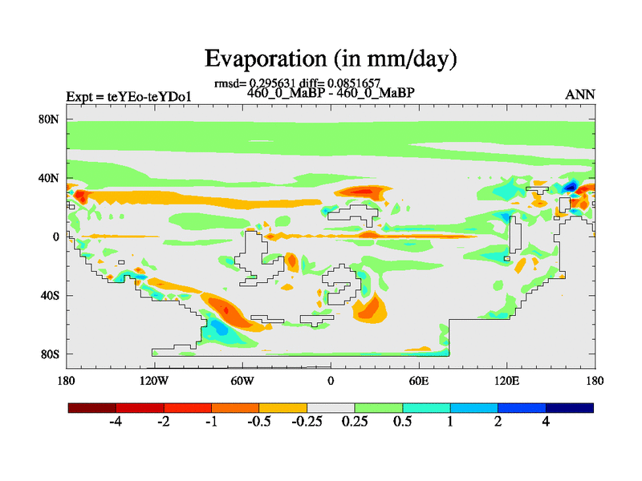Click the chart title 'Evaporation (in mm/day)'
[x=330, y=59]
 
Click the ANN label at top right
[x=580, y=95]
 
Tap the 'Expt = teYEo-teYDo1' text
[x=128, y=97]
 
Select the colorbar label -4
[x=116, y=422]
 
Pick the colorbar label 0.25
[x=355, y=422]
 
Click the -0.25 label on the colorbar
[x=306, y=422]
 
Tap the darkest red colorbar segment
[x=92, y=407]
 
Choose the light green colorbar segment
[x=378, y=407]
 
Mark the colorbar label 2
[x=498, y=422]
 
